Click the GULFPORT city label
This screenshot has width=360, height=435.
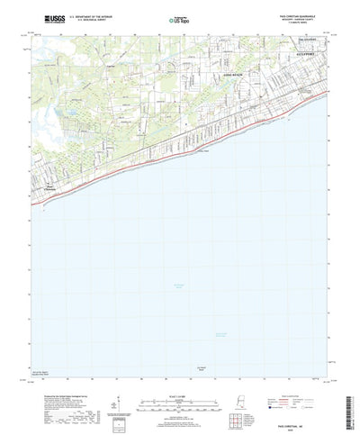310,53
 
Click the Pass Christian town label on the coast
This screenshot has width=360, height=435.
51,188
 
